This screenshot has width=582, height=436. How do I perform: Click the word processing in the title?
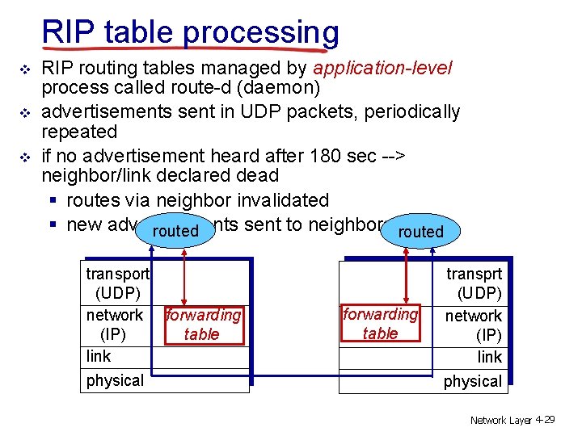click(261, 33)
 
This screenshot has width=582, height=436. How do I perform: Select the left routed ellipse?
click(175, 230)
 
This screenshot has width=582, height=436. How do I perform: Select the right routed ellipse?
click(421, 231)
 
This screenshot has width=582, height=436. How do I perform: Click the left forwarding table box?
click(203, 325)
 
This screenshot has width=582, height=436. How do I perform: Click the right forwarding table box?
click(381, 324)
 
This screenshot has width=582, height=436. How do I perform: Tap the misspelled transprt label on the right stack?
click(474, 275)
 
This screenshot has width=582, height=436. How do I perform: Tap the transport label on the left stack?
click(118, 274)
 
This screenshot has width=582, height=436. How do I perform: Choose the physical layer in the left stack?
click(115, 380)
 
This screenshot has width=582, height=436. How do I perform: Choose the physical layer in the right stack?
click(473, 381)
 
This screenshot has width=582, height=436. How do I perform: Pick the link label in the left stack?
click(99, 356)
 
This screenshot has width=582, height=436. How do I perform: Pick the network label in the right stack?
click(474, 316)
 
